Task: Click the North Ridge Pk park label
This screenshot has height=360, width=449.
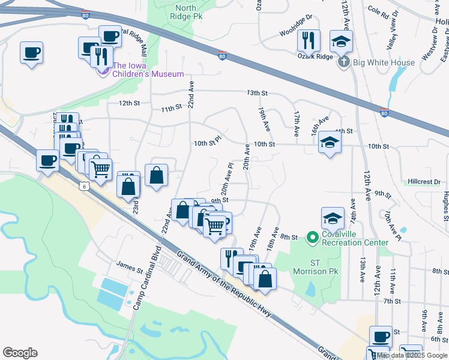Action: [185, 13]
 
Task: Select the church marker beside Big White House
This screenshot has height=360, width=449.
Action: [343, 62]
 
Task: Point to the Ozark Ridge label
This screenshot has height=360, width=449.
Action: [315, 56]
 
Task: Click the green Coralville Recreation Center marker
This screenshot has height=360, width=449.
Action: [312, 238]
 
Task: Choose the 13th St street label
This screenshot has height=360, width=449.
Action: [256, 93]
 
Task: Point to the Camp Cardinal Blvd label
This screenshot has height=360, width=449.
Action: [146, 277]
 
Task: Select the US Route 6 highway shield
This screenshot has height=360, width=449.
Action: [83, 187]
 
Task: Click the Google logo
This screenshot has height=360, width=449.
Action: [20, 353]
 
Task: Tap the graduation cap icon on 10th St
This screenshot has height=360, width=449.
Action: [330, 143]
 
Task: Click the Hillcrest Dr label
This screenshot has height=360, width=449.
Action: [424, 181]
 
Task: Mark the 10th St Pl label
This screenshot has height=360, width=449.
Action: [208, 143]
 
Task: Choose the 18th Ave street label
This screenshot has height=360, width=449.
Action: [273, 239]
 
